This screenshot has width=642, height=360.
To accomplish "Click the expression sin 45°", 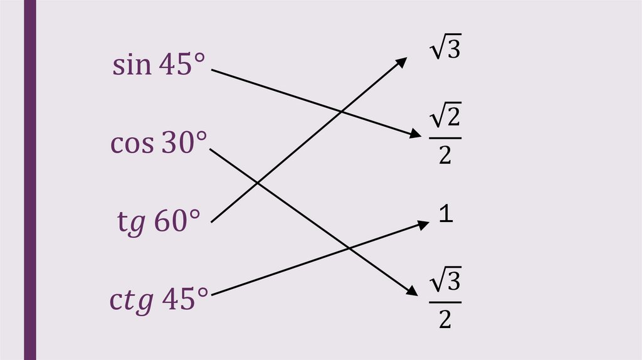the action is coord(159,65).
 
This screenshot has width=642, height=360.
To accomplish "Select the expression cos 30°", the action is coord(158,144).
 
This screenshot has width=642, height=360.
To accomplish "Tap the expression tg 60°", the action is coord(159,222).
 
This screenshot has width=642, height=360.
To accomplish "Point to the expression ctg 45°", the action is coord(159,300).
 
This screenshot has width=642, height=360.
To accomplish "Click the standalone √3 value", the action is coord(445,49).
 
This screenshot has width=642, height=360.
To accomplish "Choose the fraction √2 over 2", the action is coord(445,135).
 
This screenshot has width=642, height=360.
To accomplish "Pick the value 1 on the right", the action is coord(445,215).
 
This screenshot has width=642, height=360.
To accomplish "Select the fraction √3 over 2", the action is coord(445,300).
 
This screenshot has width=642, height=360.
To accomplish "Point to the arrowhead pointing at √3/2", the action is coord(412,292).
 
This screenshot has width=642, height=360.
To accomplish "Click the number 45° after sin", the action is coord(182,65).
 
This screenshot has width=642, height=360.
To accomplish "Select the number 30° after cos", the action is coord(182,144).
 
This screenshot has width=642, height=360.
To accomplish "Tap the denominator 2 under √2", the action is coord(445,155).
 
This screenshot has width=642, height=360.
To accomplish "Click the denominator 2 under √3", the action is coord(445,319).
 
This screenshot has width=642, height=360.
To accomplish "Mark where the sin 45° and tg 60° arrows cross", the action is coord(340,112).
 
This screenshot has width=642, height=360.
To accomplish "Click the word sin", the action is coord(132,65).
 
